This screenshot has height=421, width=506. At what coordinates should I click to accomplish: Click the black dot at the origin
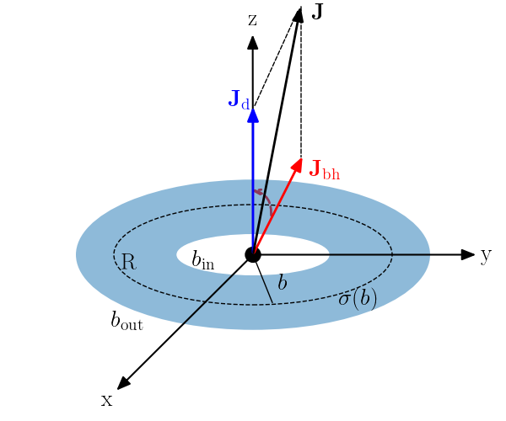pyautogui.click(x=252, y=254)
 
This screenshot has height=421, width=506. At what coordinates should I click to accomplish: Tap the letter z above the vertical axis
pyautogui.click(x=252, y=19)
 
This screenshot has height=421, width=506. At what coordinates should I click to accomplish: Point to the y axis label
pyautogui.click(x=486, y=255)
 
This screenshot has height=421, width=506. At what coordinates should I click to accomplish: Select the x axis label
pyautogui.click(x=106, y=400)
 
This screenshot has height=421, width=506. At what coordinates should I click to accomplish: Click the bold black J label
pyautogui.click(x=318, y=12)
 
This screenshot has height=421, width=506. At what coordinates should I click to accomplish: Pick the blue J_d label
pyautogui.click(x=239, y=100)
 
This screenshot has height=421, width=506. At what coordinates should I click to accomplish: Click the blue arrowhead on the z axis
pyautogui.click(x=252, y=115)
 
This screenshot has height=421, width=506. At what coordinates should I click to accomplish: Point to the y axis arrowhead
pyautogui.click(x=469, y=254)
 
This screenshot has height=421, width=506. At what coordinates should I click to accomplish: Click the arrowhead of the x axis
pyautogui.click(x=122, y=384)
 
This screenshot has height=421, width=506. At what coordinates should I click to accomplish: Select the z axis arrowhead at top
pyautogui.click(x=252, y=40)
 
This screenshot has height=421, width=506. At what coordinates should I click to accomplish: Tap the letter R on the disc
pyautogui.click(x=127, y=262)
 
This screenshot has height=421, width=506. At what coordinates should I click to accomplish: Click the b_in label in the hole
pyautogui.click(x=202, y=260)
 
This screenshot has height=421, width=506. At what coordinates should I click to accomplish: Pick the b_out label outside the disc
pyautogui.click(x=126, y=320)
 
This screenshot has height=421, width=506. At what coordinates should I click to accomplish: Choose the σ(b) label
pyautogui.click(x=358, y=298)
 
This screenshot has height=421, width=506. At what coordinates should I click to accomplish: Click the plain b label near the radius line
pyautogui.click(x=283, y=283)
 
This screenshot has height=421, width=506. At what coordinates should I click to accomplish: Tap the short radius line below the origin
pyautogui.click(x=263, y=279)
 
